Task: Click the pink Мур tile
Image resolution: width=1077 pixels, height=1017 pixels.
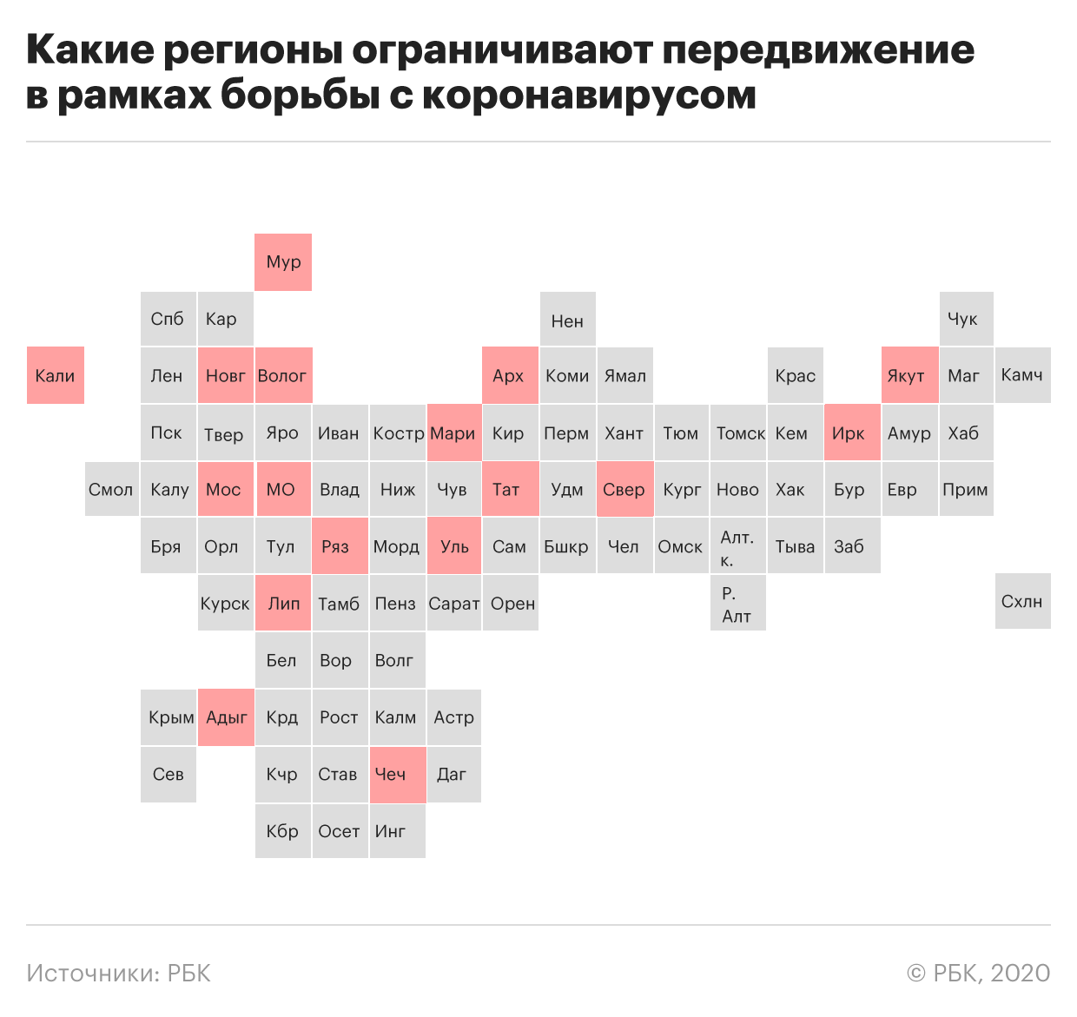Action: click(x=283, y=262)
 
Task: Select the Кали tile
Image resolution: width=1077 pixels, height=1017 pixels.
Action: click(x=56, y=375)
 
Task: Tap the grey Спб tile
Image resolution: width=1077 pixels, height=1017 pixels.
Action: click(x=168, y=319)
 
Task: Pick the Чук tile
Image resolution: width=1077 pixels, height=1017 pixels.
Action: click(x=967, y=319)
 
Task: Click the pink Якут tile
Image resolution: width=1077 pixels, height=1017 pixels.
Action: click(x=910, y=375)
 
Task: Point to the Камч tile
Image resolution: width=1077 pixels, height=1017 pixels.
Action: click(x=1023, y=375)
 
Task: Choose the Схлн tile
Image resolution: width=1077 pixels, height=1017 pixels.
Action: click(x=1023, y=601)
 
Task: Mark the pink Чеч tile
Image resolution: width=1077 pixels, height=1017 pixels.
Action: click(x=398, y=775)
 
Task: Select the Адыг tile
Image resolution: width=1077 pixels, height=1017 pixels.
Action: click(x=226, y=717)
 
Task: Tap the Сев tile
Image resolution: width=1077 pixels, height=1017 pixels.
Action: click(x=168, y=775)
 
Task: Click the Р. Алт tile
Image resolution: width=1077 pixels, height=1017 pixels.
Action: click(x=738, y=603)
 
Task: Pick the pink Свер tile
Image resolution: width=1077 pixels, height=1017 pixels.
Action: click(x=625, y=489)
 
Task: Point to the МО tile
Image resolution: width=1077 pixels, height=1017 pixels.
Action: click(x=284, y=489)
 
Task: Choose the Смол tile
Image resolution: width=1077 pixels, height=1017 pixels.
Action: click(x=112, y=489)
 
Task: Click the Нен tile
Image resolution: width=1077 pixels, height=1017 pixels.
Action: click(x=568, y=319)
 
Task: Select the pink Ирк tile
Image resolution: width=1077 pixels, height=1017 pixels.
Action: click(x=853, y=433)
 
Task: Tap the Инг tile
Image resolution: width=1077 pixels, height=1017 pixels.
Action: click(x=398, y=831)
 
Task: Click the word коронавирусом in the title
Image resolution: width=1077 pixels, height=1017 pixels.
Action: click(x=589, y=96)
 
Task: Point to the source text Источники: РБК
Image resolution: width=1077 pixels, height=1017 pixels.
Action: click(x=118, y=973)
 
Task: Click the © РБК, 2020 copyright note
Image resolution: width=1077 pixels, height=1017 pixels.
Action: click(x=979, y=973)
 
